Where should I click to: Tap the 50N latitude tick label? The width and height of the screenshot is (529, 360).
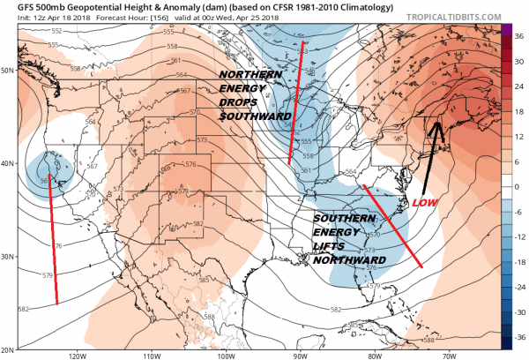pos(8,70)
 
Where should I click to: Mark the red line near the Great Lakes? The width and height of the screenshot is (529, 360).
pos(295,101)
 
